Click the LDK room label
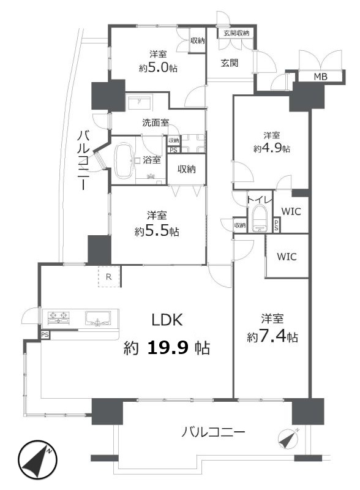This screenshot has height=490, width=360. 167,320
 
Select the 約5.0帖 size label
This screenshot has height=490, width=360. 158,67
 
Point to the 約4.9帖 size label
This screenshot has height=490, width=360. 272,148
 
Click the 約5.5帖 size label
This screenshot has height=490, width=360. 157,232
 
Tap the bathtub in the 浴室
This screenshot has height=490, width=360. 124,161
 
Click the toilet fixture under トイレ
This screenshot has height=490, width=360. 260,218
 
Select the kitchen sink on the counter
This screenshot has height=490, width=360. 98,318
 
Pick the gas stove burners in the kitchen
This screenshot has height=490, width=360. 58,317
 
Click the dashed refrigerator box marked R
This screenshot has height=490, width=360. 109,277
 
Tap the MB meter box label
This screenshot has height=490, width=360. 320,77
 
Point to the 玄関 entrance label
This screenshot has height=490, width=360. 230,63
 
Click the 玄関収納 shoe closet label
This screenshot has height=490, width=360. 236,33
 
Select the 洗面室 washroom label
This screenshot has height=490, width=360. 156,123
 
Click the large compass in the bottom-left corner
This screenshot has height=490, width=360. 37,460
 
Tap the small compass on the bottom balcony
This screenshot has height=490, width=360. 288,437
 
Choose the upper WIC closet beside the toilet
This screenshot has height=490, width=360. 291,211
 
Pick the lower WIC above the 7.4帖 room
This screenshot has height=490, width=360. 287,257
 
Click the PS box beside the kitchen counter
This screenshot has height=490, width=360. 45,335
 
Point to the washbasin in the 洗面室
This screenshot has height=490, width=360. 140,102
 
